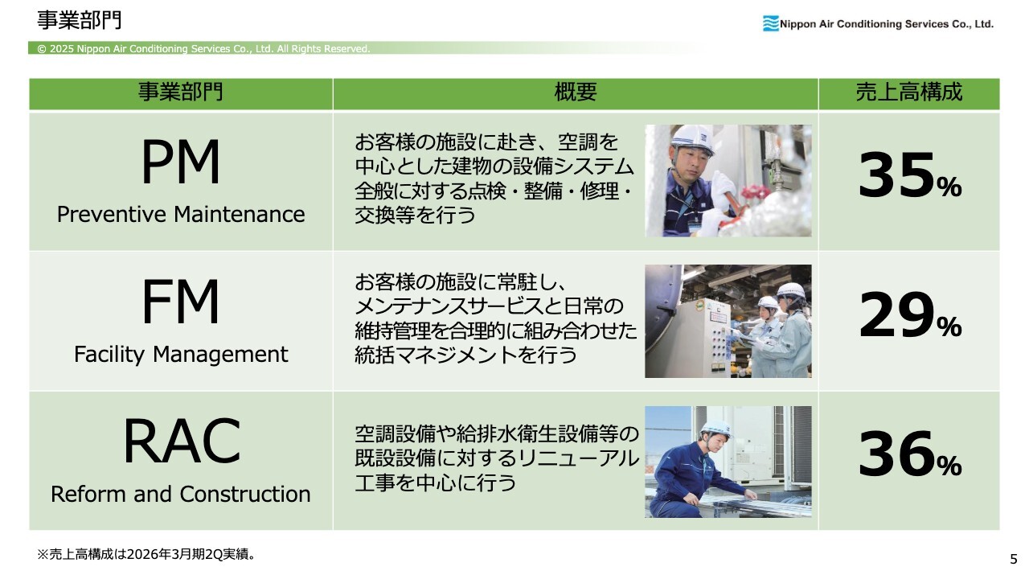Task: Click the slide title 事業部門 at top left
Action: click(79, 21)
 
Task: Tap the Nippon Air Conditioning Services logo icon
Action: click(771, 23)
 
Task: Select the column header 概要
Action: click(576, 92)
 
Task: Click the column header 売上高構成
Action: click(908, 92)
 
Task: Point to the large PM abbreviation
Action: click(181, 162)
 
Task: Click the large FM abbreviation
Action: click(181, 302)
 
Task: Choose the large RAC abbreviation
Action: click(182, 441)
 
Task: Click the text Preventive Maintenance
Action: click(181, 214)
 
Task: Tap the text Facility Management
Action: click(181, 355)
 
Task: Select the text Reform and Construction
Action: click(181, 494)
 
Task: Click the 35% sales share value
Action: click(909, 175)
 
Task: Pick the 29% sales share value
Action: click(909, 315)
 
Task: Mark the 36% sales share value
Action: click(909, 454)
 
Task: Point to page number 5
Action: click(1014, 559)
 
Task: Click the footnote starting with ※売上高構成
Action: click(146, 554)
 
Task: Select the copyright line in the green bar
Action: click(203, 49)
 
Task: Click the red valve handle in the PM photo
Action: click(754, 192)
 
